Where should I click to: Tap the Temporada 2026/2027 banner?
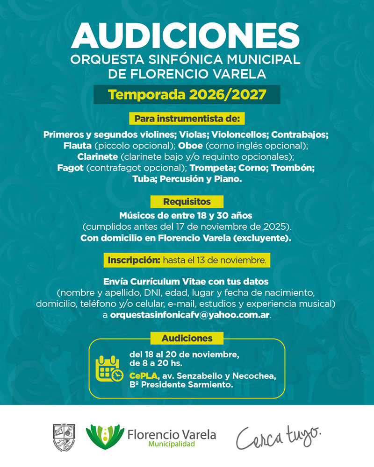187,94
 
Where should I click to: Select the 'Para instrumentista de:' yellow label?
187,119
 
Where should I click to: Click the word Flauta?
77,145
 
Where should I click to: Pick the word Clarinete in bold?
98,156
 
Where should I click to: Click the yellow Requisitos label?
187,202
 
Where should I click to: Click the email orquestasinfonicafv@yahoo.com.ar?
190,315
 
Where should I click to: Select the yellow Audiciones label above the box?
187,338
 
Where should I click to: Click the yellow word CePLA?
144,376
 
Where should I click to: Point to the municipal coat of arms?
64,437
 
